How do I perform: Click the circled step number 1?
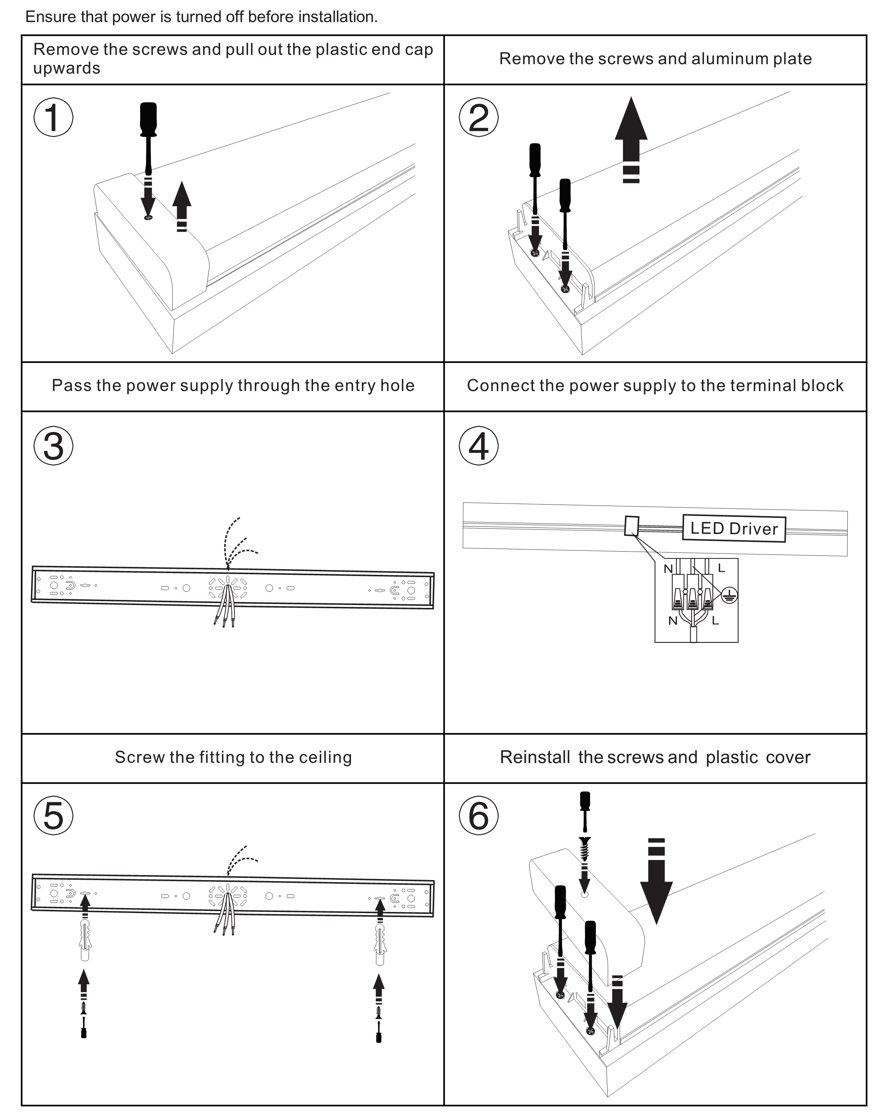coord(53,117)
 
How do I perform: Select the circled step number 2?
coord(478,117)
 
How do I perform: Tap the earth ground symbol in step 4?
coord(729,595)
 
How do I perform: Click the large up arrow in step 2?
coord(631,130)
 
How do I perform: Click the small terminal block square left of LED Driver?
coord(631,525)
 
